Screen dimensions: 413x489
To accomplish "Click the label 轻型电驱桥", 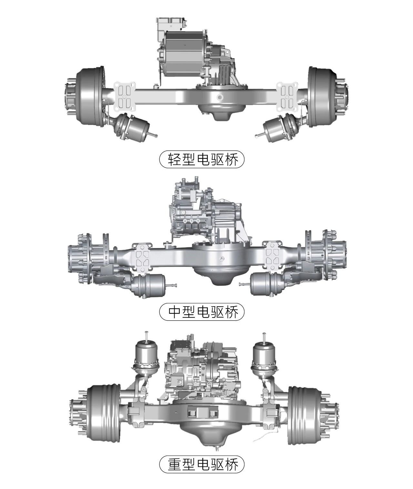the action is [x=203, y=159].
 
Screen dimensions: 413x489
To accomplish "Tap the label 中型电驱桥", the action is [x=203, y=311].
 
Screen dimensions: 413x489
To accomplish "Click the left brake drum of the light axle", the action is [x=90, y=96].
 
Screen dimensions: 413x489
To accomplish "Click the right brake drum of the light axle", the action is [x=323, y=96].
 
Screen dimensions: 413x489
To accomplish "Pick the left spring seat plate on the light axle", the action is [x=125, y=96].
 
